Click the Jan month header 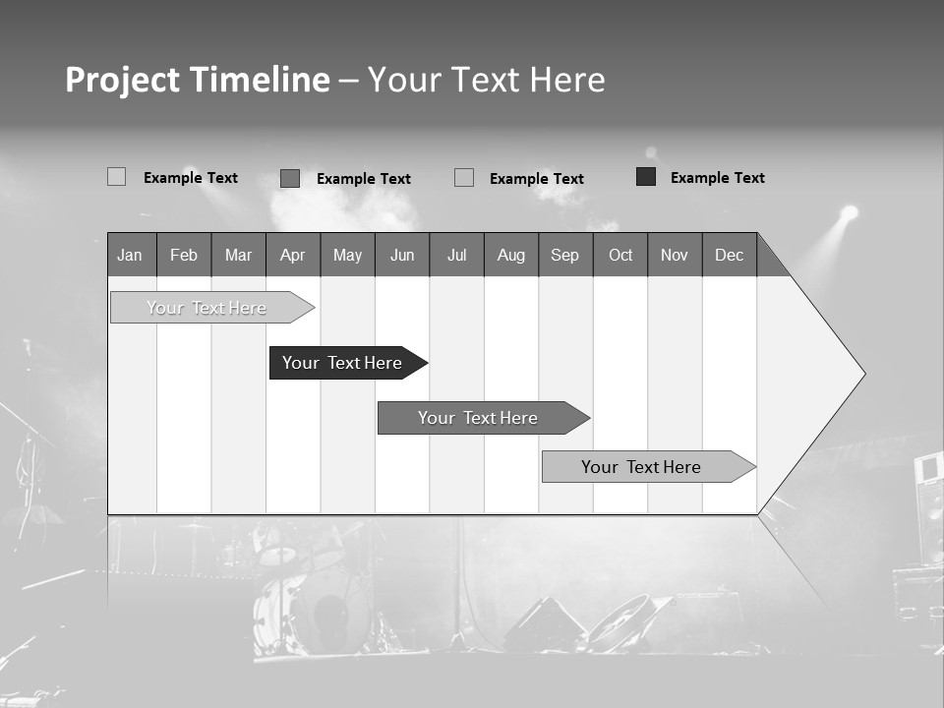coord(131,255)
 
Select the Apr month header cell coord(293,255)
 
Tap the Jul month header coord(456,255)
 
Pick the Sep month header coord(565,255)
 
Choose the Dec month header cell coord(730,255)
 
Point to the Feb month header coord(184,255)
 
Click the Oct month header coord(620,255)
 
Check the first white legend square coord(117,177)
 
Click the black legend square coord(646,177)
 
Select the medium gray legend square coord(290,178)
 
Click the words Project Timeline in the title coord(198,80)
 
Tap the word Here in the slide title coord(567,80)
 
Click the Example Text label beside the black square coord(718,178)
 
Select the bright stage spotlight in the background coord(849,212)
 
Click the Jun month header coord(402,255)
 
